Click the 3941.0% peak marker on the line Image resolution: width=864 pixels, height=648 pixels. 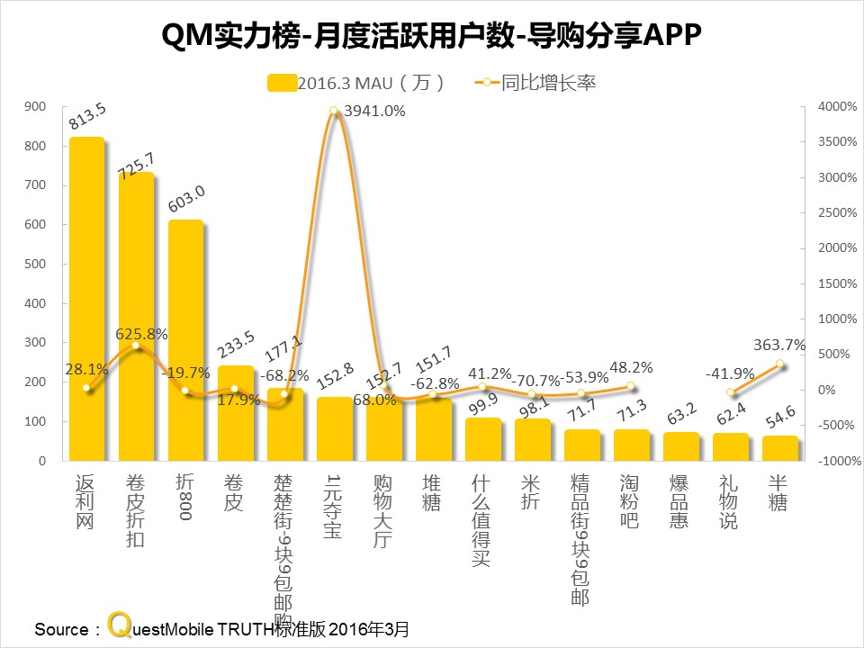tap(334, 112)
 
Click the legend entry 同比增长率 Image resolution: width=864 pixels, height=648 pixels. tap(548, 83)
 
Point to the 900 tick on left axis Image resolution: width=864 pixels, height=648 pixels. tap(36, 106)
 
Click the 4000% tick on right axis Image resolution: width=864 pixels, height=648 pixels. tap(829, 106)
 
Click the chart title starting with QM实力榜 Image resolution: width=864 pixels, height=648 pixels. tap(431, 37)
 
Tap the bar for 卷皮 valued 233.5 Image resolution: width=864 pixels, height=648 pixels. tap(235, 413)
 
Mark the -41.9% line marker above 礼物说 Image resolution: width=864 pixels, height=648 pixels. tap(731, 392)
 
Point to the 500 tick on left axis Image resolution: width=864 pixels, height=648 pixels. tap(36, 264)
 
